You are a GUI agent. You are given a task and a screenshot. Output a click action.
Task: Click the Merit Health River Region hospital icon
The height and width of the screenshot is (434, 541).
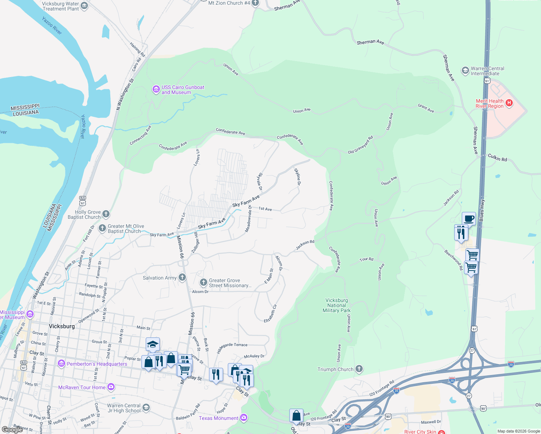[x=509, y=103]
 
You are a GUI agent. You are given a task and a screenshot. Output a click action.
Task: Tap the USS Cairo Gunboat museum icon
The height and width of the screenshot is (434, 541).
[x=156, y=89]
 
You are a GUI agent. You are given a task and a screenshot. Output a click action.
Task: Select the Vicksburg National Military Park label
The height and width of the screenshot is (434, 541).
[x=337, y=305]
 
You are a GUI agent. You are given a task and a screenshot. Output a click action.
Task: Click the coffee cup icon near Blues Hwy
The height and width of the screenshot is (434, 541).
[x=469, y=218]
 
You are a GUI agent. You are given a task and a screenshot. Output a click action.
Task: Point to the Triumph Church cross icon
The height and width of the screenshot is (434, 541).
[x=359, y=369]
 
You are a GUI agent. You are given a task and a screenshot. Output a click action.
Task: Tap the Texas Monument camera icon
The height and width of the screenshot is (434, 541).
[x=244, y=418]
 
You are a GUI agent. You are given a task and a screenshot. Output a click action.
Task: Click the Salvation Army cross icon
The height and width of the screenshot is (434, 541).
[x=182, y=277]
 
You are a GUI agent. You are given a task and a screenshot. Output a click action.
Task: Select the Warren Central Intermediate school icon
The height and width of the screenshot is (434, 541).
[x=465, y=71]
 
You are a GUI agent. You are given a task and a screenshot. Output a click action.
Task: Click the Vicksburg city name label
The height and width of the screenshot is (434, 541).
[x=61, y=326]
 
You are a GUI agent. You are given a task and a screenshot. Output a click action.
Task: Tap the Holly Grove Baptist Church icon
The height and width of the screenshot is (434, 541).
[x=106, y=214]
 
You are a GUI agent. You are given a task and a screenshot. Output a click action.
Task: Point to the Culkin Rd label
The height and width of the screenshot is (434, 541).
[x=497, y=158]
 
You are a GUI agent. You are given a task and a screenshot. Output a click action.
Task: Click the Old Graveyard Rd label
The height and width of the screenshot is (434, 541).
[x=360, y=145]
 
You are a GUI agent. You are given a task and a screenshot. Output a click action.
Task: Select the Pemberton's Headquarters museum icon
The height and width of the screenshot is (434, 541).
[x=61, y=363]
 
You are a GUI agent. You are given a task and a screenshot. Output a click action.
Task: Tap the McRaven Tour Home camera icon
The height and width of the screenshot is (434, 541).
[x=111, y=387]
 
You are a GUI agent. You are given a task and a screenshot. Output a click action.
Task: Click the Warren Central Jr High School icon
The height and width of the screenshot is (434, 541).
[x=146, y=408]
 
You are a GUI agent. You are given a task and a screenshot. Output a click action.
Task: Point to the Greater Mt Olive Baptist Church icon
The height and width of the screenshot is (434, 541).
[x=103, y=228]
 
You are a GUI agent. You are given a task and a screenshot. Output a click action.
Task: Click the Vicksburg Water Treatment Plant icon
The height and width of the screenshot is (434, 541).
[x=84, y=6]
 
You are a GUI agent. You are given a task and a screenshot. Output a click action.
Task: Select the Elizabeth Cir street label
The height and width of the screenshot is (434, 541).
[x=270, y=313]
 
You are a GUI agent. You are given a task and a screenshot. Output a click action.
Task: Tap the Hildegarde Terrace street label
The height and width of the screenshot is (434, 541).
[x=232, y=348]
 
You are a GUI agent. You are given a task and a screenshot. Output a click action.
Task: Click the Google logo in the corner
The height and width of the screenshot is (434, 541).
[x=12, y=430]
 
